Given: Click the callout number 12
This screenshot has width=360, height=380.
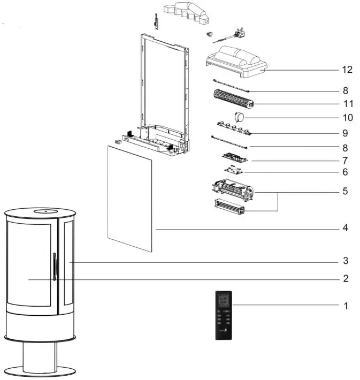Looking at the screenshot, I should pos(347,70).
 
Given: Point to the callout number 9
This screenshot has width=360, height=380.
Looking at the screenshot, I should pos(346,132).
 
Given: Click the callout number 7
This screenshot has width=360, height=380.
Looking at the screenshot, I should pos(346,160).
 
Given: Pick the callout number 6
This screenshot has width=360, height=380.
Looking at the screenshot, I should pos(346,172).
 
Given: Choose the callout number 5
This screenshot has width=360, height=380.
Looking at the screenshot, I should pos(346,191).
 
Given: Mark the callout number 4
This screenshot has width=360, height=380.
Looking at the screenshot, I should pos(346,228).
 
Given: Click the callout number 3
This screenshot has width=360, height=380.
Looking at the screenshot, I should pos(346,261).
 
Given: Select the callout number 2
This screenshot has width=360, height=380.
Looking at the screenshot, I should pos(346,278).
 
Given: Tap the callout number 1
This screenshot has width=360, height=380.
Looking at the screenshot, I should pos(346,306).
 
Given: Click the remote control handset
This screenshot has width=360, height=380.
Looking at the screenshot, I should pos(224,316).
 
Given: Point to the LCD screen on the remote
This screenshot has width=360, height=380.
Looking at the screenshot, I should pos(224,299).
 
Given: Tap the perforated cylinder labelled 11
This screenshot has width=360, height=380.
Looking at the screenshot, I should pos(233,99).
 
